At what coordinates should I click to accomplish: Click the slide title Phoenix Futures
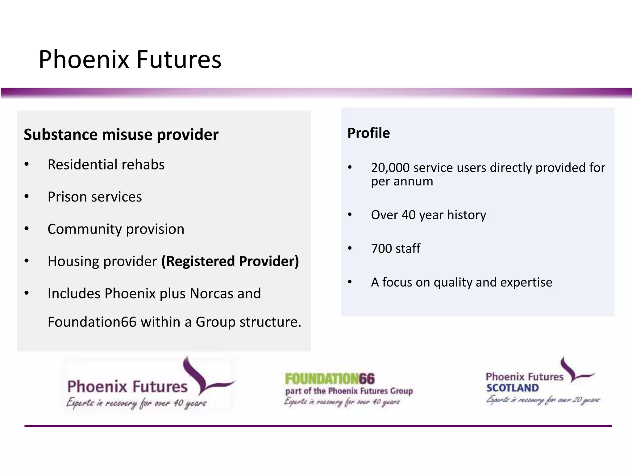(x=130, y=59)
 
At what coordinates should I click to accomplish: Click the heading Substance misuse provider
(x=121, y=135)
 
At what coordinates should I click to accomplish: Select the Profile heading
(x=368, y=133)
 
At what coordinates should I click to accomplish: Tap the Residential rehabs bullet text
(x=106, y=164)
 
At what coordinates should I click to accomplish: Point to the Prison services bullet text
(x=95, y=197)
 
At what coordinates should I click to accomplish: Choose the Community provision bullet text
(x=116, y=229)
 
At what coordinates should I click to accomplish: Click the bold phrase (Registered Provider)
(x=230, y=261)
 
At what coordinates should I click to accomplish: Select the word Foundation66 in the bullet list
(x=92, y=322)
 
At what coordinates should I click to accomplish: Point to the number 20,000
(x=390, y=168)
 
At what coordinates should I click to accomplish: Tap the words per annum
(x=402, y=181)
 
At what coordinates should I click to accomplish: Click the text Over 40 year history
(x=428, y=215)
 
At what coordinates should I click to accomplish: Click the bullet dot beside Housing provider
(x=27, y=261)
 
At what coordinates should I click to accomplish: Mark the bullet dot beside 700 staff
(x=350, y=248)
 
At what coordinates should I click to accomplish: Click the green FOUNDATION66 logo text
(x=330, y=379)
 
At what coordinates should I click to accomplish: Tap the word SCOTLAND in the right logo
(x=512, y=388)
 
